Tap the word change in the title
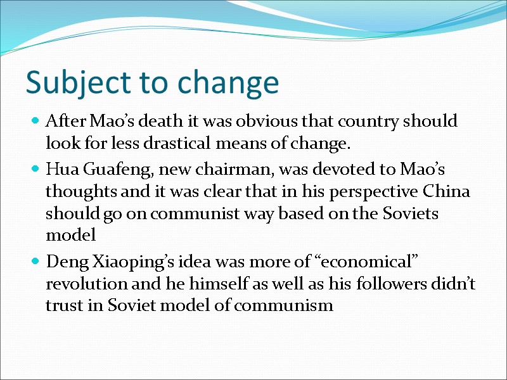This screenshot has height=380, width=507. (x=228, y=82)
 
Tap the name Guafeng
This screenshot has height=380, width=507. (x=107, y=170)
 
